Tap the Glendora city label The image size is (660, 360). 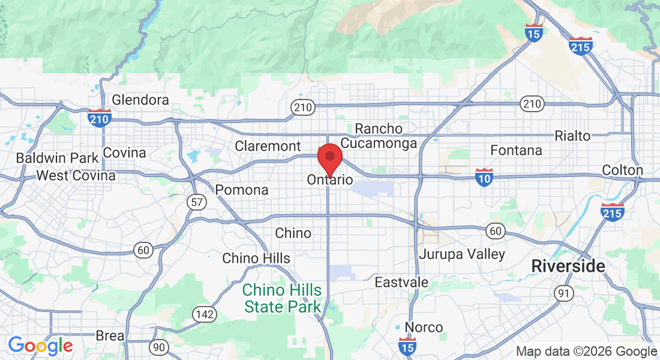pyautogui.click(x=140, y=100)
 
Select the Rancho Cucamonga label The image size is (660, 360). pyautogui.click(x=379, y=136)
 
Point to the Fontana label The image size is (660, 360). pyautogui.click(x=516, y=150)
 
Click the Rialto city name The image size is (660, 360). pyautogui.click(x=572, y=136)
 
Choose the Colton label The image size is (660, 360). pyautogui.click(x=622, y=170)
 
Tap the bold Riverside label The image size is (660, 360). pyautogui.click(x=568, y=266)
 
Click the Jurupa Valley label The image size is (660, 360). pyautogui.click(x=462, y=254)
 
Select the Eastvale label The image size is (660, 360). pyautogui.click(x=401, y=282)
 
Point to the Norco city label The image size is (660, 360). pyautogui.click(x=424, y=328)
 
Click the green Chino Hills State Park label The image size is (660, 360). pyautogui.click(x=282, y=299)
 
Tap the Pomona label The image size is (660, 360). pyautogui.click(x=242, y=190)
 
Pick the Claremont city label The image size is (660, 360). pyautogui.click(x=268, y=146)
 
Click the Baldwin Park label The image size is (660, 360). pyautogui.click(x=57, y=158)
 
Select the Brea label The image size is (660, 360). pyautogui.click(x=110, y=336)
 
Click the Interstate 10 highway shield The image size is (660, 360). pyautogui.click(x=484, y=176)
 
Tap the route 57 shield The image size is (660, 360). pyautogui.click(x=197, y=202)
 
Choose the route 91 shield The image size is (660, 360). pyautogui.click(x=563, y=293)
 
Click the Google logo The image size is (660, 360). pyautogui.click(x=40, y=346)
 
